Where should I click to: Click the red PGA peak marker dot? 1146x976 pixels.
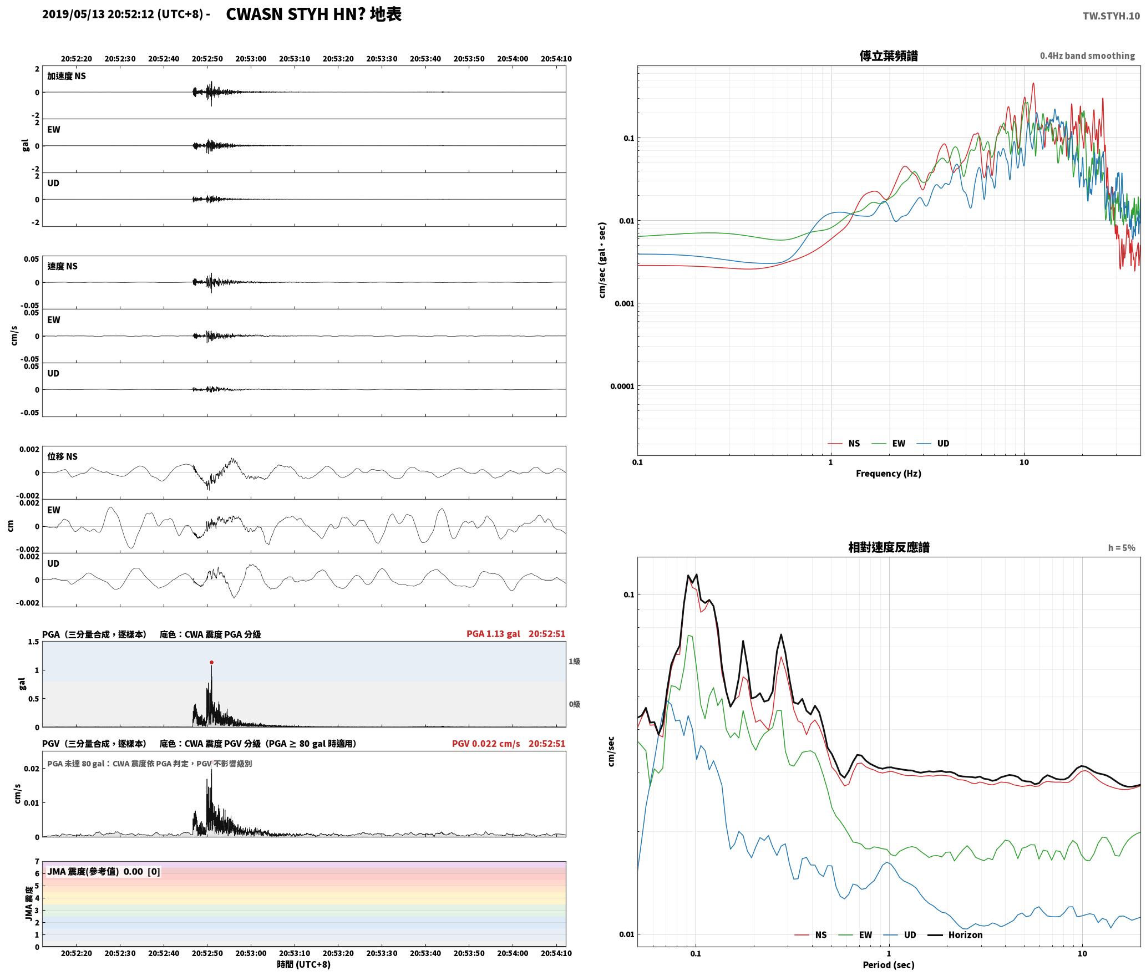coord(211,662)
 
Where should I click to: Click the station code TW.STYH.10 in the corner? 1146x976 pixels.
coord(1111,16)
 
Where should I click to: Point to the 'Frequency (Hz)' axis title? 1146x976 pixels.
coord(888,473)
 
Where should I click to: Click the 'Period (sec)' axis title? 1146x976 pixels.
coord(888,965)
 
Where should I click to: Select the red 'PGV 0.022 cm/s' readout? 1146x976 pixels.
coord(486,744)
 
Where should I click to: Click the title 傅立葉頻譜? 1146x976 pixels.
coord(888,56)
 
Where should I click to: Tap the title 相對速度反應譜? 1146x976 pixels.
coord(889,547)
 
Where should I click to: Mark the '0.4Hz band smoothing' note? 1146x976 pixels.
coord(1087,56)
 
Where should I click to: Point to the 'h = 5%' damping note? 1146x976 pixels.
coord(1122,548)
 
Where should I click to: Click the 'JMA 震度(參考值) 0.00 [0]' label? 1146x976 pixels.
coord(104,872)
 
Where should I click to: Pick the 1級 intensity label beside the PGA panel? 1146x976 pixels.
coord(574,661)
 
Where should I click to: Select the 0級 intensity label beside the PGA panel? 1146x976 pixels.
coord(574,704)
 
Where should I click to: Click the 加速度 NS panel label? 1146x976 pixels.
coord(67,76)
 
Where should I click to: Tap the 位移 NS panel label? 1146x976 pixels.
coord(62,456)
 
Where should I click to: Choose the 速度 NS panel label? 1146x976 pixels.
coord(62,266)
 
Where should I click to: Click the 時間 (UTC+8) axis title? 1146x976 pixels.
coord(303,964)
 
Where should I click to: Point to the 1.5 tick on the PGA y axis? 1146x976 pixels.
coord(33,642)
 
